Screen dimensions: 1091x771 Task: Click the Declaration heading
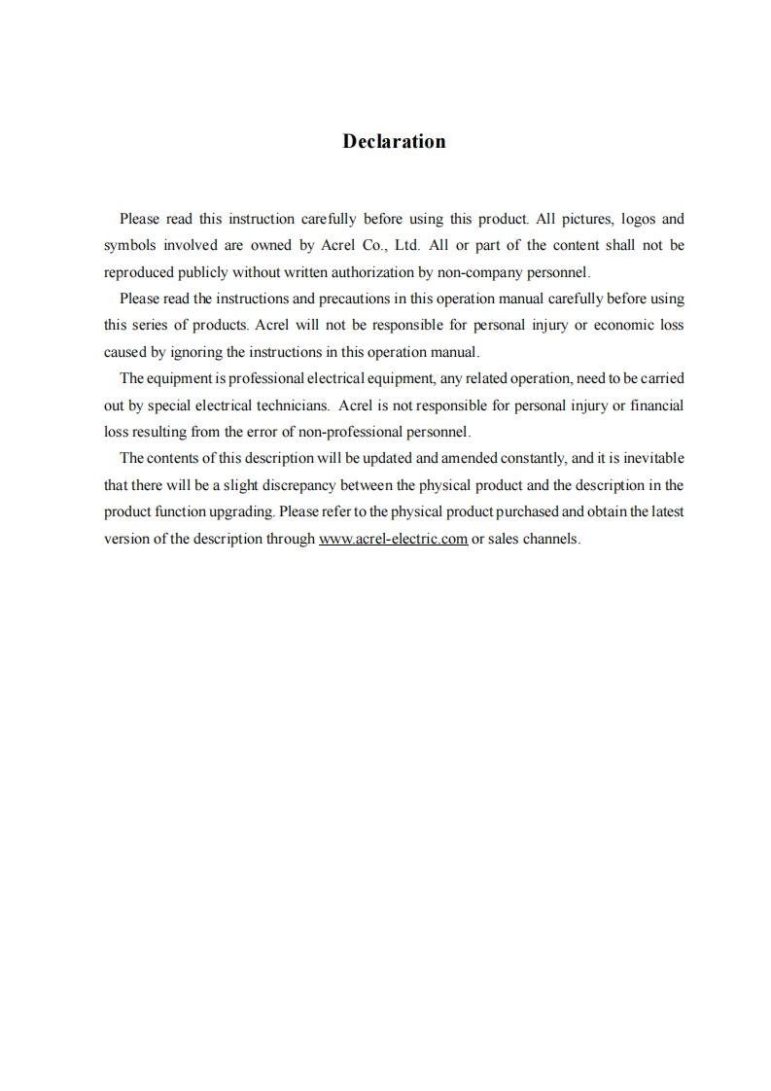(x=394, y=142)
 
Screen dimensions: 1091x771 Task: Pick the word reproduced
(x=140, y=272)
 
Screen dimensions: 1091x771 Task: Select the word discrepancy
(x=314, y=485)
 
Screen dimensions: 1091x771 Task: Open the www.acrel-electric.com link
(x=393, y=539)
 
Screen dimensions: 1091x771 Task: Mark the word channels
(x=551, y=539)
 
